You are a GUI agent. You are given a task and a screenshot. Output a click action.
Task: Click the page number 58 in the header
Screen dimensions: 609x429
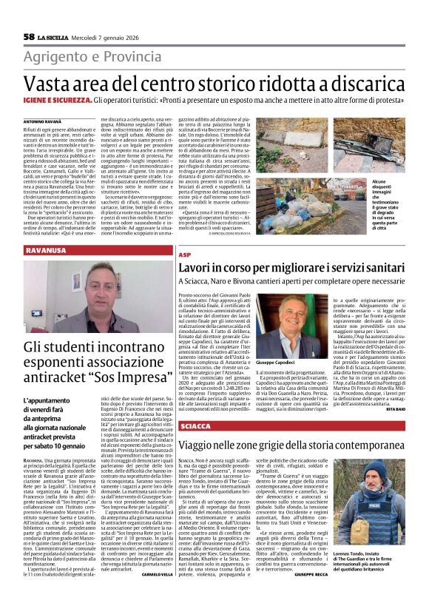tap(29, 36)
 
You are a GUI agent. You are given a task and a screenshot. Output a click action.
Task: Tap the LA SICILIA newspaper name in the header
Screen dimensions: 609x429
tap(56, 37)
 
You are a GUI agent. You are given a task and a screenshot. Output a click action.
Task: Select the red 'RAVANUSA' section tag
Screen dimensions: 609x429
tap(46, 252)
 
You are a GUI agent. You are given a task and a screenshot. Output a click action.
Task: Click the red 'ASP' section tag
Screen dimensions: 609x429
tap(185, 255)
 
